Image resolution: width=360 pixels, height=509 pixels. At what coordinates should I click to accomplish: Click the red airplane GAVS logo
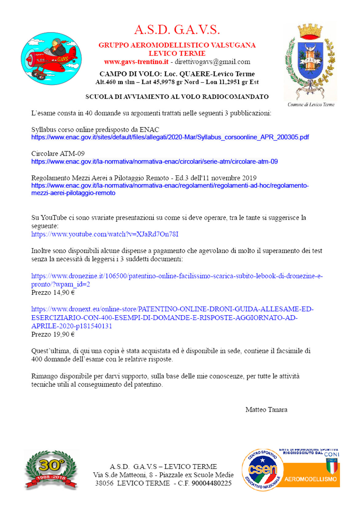[51, 58]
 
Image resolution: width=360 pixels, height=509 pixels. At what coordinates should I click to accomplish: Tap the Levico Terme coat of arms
[310, 62]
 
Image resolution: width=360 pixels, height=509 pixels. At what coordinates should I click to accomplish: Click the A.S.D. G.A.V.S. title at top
[177, 30]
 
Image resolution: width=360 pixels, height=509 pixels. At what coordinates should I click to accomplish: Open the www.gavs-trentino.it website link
[136, 62]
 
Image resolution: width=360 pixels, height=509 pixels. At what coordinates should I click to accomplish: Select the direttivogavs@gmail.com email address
[212, 62]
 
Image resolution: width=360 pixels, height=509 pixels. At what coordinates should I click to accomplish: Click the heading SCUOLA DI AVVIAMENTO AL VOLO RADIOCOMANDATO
[177, 97]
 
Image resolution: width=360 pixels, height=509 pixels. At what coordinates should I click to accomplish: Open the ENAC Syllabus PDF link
[170, 137]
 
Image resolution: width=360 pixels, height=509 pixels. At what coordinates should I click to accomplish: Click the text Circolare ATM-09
[58, 154]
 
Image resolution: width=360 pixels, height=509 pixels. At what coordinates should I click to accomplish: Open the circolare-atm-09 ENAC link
[154, 162]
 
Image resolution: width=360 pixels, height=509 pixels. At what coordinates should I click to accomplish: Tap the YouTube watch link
[105, 234]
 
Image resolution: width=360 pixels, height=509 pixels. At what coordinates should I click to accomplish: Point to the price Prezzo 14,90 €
[53, 293]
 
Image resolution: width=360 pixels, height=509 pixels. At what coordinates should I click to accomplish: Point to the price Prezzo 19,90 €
[53, 335]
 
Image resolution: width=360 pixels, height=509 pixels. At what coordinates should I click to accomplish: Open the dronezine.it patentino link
[177, 276]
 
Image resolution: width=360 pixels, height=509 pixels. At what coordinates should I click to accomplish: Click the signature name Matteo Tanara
[266, 410]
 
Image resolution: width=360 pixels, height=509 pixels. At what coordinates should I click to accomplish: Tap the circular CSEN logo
[262, 470]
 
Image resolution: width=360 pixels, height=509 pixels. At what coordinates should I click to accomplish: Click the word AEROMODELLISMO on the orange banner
[310, 479]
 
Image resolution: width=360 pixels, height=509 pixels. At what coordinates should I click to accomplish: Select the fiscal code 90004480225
[211, 483]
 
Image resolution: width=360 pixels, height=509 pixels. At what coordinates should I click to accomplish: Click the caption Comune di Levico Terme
[311, 105]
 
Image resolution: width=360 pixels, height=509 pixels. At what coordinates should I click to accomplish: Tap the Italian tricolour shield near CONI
[332, 466]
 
